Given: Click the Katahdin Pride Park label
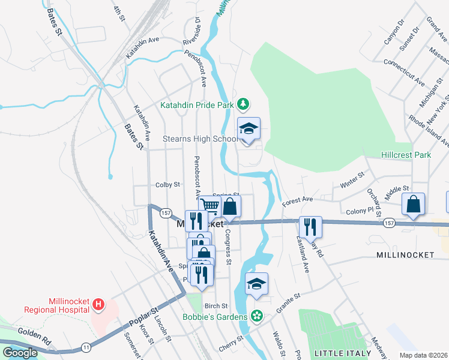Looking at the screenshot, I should tap(196, 105).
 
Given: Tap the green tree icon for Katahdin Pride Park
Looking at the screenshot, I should tap(243, 105).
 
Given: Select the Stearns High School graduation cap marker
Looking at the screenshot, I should tap(249, 130).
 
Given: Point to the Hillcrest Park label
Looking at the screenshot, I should tap(406, 155).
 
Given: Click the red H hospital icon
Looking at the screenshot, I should tap(99, 305).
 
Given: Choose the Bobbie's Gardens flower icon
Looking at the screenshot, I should tap(257, 316).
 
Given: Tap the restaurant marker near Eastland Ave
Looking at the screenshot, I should tap(310, 227).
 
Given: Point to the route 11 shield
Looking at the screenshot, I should tap(86, 346).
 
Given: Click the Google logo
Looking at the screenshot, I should tap(20, 352).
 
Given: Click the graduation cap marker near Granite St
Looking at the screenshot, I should tap(257, 284).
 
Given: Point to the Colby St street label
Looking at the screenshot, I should tap(168, 185).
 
